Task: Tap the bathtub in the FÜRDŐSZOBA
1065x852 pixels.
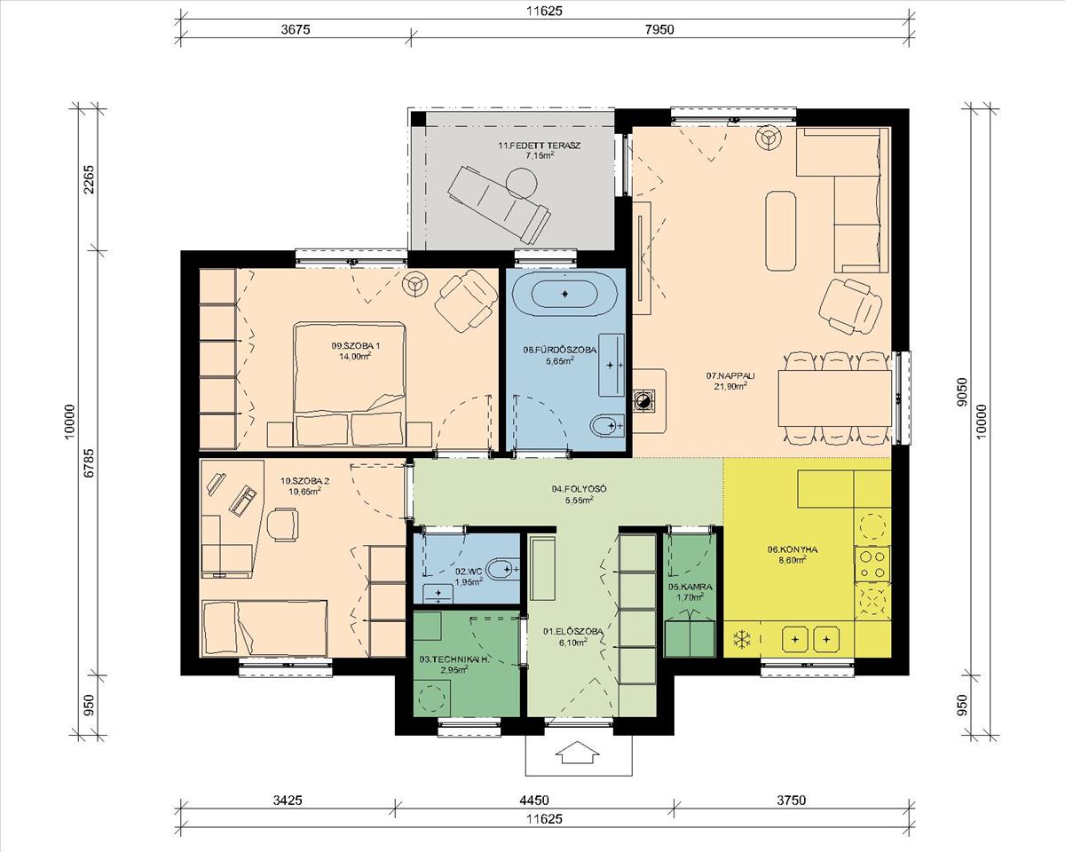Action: click(x=564, y=294)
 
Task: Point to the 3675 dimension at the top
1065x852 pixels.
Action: click(x=296, y=29)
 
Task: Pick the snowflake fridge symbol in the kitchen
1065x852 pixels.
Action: click(x=741, y=639)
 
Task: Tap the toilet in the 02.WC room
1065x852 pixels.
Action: click(x=503, y=570)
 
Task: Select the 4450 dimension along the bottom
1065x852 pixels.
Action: click(x=535, y=800)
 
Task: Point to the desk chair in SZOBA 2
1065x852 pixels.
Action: click(x=282, y=525)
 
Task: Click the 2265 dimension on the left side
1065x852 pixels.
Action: click(x=89, y=180)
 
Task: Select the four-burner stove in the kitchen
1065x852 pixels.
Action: click(x=872, y=564)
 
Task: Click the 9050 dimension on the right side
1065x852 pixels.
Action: click(x=961, y=392)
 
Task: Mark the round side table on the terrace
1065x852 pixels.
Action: click(x=521, y=184)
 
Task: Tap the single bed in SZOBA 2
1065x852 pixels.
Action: click(x=264, y=627)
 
